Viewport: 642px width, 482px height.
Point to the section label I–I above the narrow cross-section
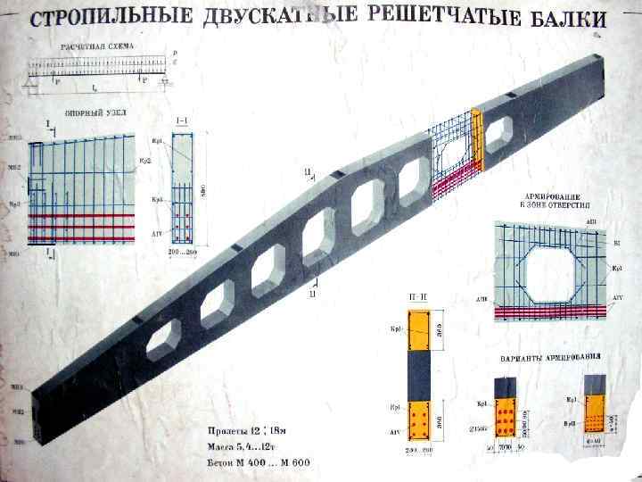pos(182,120)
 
